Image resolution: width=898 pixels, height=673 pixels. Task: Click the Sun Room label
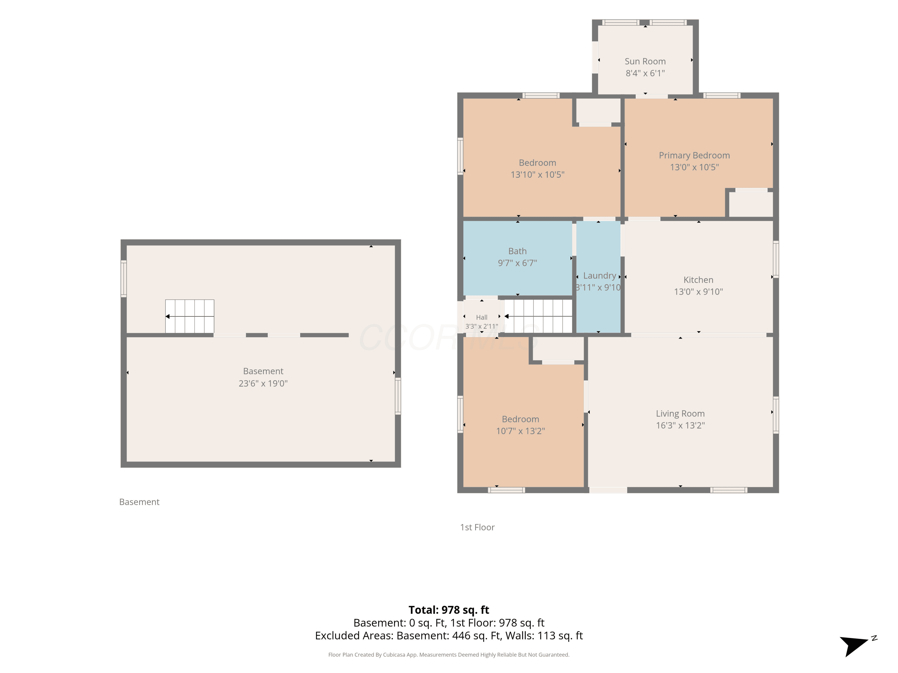coord(645,61)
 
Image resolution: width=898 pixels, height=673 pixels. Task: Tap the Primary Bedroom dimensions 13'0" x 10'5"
coord(694,167)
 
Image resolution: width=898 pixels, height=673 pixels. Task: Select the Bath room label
coord(517,251)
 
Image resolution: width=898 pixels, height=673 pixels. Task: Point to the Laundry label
coord(600,276)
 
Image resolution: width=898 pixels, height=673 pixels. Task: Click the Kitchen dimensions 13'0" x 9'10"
coord(698,292)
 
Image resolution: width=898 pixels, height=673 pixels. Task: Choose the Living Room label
coord(680,414)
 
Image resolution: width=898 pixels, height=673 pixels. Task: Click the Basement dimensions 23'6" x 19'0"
coord(263,383)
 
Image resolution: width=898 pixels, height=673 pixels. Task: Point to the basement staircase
coord(189,316)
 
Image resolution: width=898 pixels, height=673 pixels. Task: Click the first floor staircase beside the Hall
coord(538,316)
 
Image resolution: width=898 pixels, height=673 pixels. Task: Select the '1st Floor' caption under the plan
coord(477,527)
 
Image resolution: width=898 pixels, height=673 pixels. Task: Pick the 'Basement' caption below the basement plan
coord(139,502)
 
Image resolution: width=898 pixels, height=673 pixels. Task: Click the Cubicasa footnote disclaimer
coord(449,655)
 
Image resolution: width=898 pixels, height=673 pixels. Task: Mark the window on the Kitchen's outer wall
coord(776,259)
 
